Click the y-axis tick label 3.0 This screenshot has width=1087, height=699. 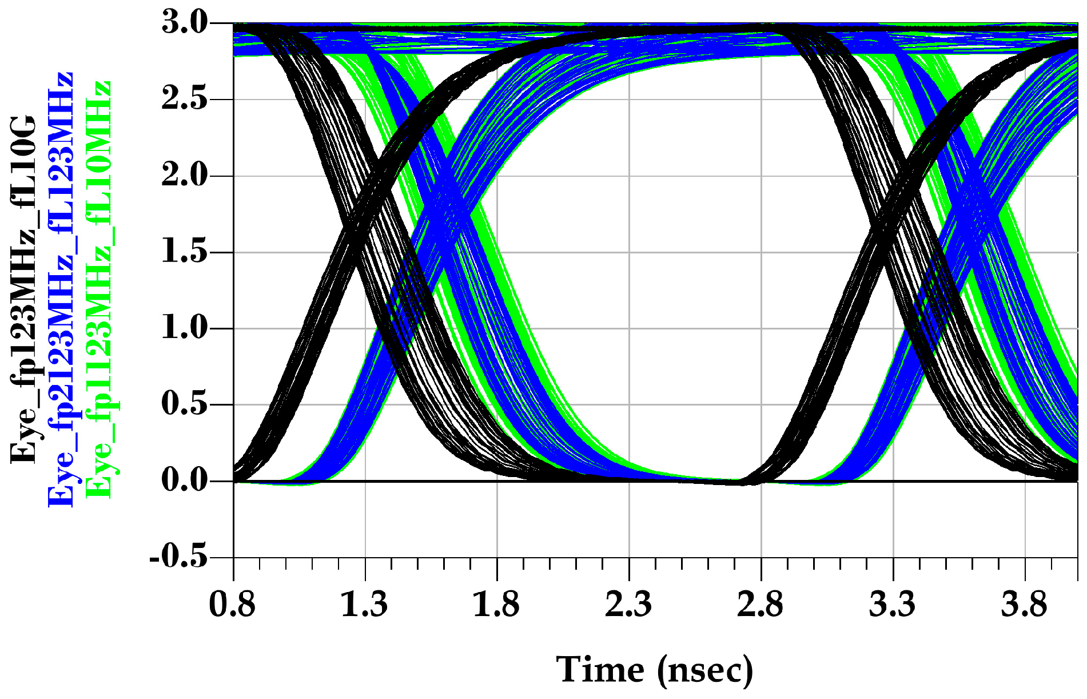point(185,23)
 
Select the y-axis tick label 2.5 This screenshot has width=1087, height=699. point(185,100)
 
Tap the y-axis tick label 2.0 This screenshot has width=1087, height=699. point(185,176)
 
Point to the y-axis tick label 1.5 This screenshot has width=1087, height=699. point(185,252)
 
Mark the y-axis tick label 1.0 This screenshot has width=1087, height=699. point(185,328)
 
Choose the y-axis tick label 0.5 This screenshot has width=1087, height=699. point(185,404)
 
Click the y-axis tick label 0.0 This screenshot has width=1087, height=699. point(185,480)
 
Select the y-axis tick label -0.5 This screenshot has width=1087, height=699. point(178,556)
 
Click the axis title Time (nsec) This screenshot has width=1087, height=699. point(655,670)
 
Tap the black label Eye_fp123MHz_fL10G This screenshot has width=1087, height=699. point(23,289)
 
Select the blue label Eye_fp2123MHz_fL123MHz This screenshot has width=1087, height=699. point(61,289)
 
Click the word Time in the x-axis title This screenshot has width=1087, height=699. point(600,669)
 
